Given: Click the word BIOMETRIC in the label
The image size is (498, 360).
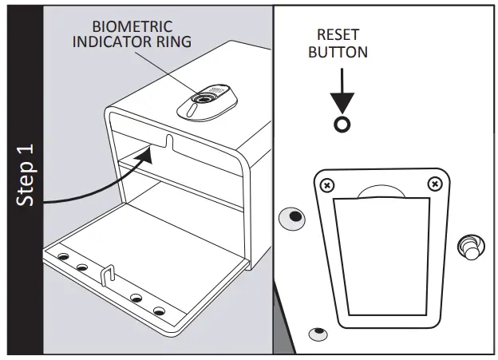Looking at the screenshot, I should pos(132,26).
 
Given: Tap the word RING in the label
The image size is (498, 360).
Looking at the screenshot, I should pos(173,41).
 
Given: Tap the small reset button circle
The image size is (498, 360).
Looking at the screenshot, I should pos(342,125).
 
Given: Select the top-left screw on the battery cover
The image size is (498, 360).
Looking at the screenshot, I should pos(326,185).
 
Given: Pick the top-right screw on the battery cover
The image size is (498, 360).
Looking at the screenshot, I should pos(434,184).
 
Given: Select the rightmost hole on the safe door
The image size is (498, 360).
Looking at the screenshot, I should pos(158,310).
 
